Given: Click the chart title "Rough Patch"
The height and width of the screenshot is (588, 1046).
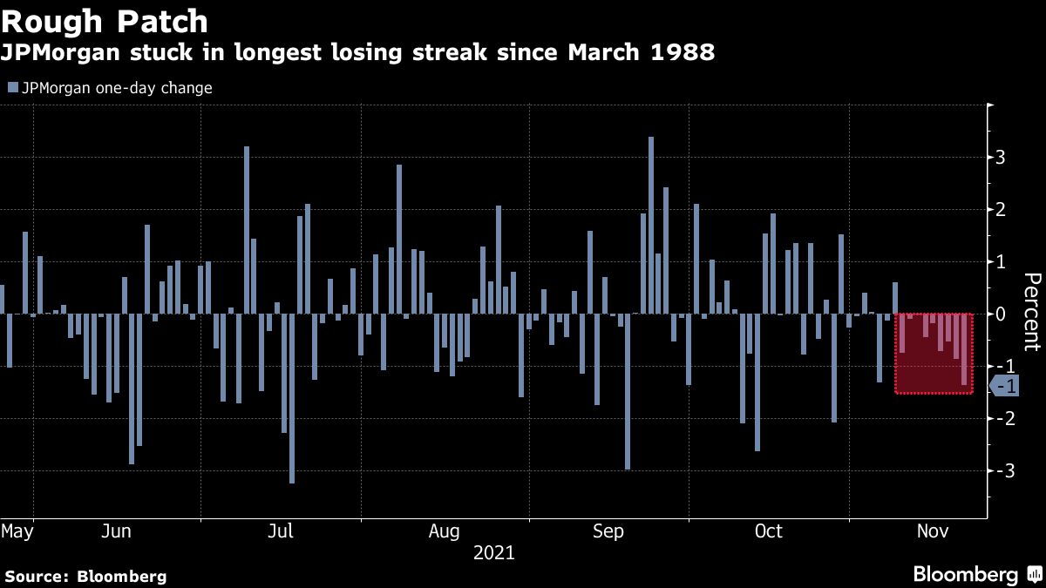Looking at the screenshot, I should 105,21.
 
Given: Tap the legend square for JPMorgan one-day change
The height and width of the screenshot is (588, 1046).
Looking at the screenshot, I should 11,88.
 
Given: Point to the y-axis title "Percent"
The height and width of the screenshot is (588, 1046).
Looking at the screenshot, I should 1032,311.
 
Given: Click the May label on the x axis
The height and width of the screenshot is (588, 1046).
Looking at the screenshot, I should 17,531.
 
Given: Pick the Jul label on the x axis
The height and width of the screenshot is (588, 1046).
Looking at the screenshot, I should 280,531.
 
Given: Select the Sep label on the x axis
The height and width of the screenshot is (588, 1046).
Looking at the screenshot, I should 608,531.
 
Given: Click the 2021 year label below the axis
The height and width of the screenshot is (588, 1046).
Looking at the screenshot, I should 493,552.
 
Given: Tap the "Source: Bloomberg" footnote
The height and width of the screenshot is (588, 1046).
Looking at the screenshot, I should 85,576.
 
